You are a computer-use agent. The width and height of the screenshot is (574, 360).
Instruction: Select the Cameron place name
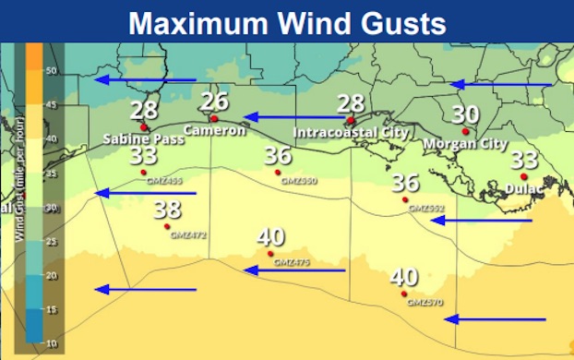click(214, 131)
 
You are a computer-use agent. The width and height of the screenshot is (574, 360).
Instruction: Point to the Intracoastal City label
click(350, 133)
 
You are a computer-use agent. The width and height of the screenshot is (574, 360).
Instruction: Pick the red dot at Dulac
click(523, 176)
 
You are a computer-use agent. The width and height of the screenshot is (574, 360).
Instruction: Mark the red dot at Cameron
click(214, 118)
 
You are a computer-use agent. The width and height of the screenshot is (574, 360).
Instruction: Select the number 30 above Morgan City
click(465, 114)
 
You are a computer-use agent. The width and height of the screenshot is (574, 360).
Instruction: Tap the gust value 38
click(167, 209)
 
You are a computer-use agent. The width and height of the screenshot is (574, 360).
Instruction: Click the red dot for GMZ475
click(270, 254)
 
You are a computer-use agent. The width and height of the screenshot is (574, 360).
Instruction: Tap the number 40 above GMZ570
click(403, 276)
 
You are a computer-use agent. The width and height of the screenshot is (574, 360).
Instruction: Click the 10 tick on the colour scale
click(52, 343)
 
